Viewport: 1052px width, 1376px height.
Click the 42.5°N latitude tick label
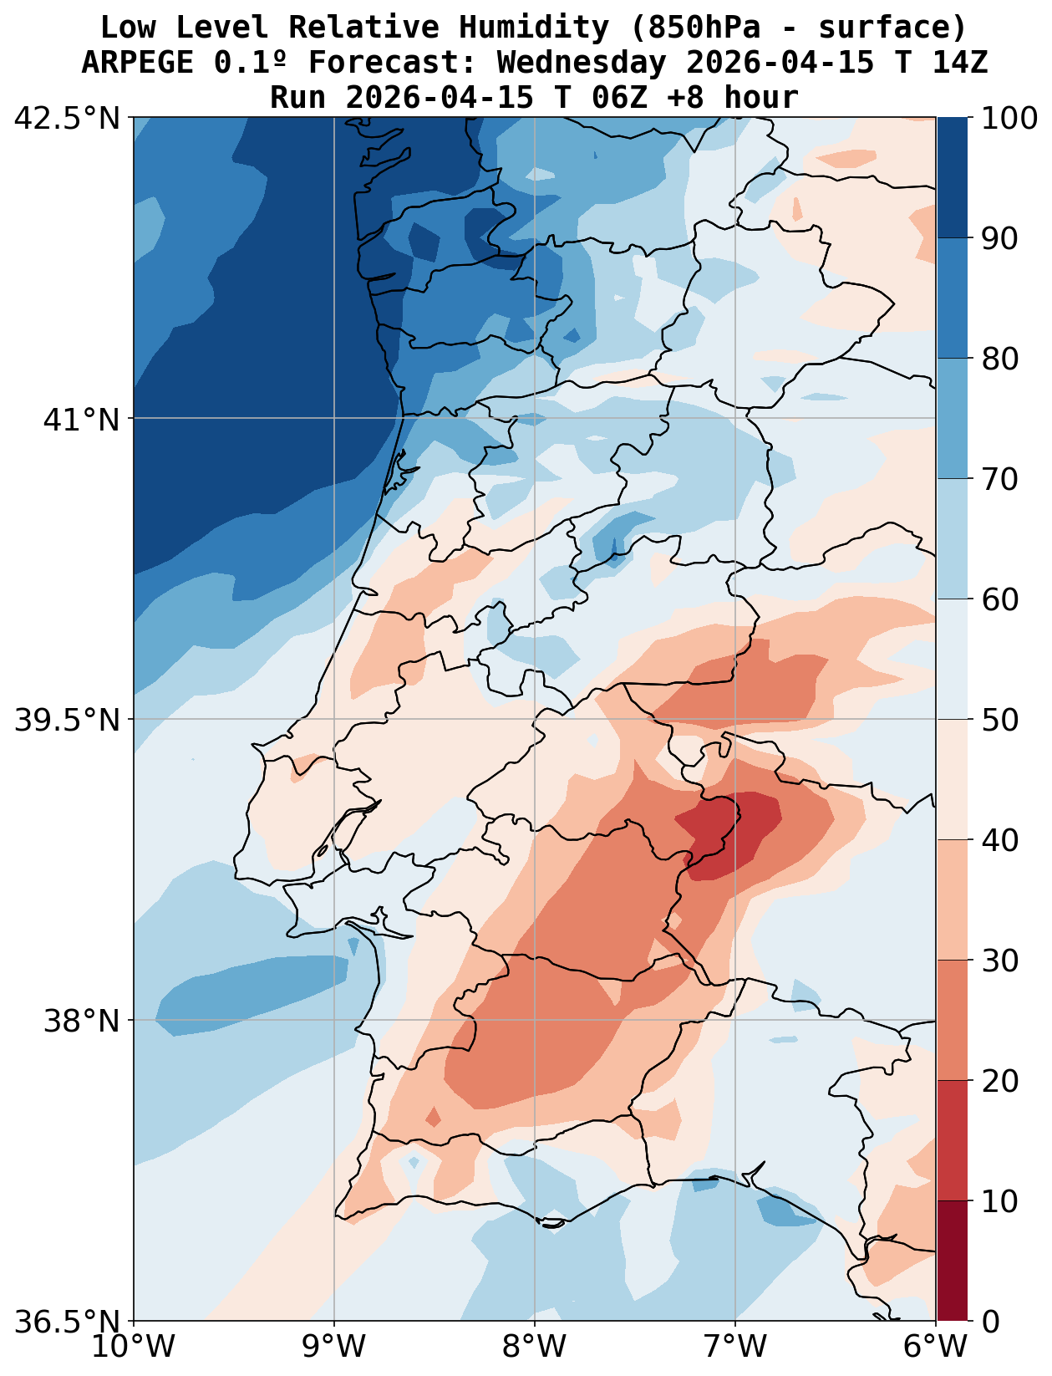click(68, 119)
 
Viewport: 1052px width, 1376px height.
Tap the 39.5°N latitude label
click(68, 720)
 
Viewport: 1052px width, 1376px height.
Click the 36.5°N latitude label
click(68, 1322)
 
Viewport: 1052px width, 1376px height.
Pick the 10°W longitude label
click(134, 1347)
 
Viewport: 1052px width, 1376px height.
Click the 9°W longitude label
click(334, 1347)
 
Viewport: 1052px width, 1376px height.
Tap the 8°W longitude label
click(535, 1347)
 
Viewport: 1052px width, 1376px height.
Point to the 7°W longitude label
click(735, 1347)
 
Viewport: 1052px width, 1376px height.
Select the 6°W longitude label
click(936, 1347)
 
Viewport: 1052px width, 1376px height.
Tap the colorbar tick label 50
click(999, 720)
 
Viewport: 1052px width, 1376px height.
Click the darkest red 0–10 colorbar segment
click(952, 1261)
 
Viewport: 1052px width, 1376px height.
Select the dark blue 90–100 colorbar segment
click(952, 177)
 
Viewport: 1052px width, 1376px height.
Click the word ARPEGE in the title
click(138, 63)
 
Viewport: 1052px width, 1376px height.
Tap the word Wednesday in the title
click(582, 63)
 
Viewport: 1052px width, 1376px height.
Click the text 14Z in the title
click(961, 63)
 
